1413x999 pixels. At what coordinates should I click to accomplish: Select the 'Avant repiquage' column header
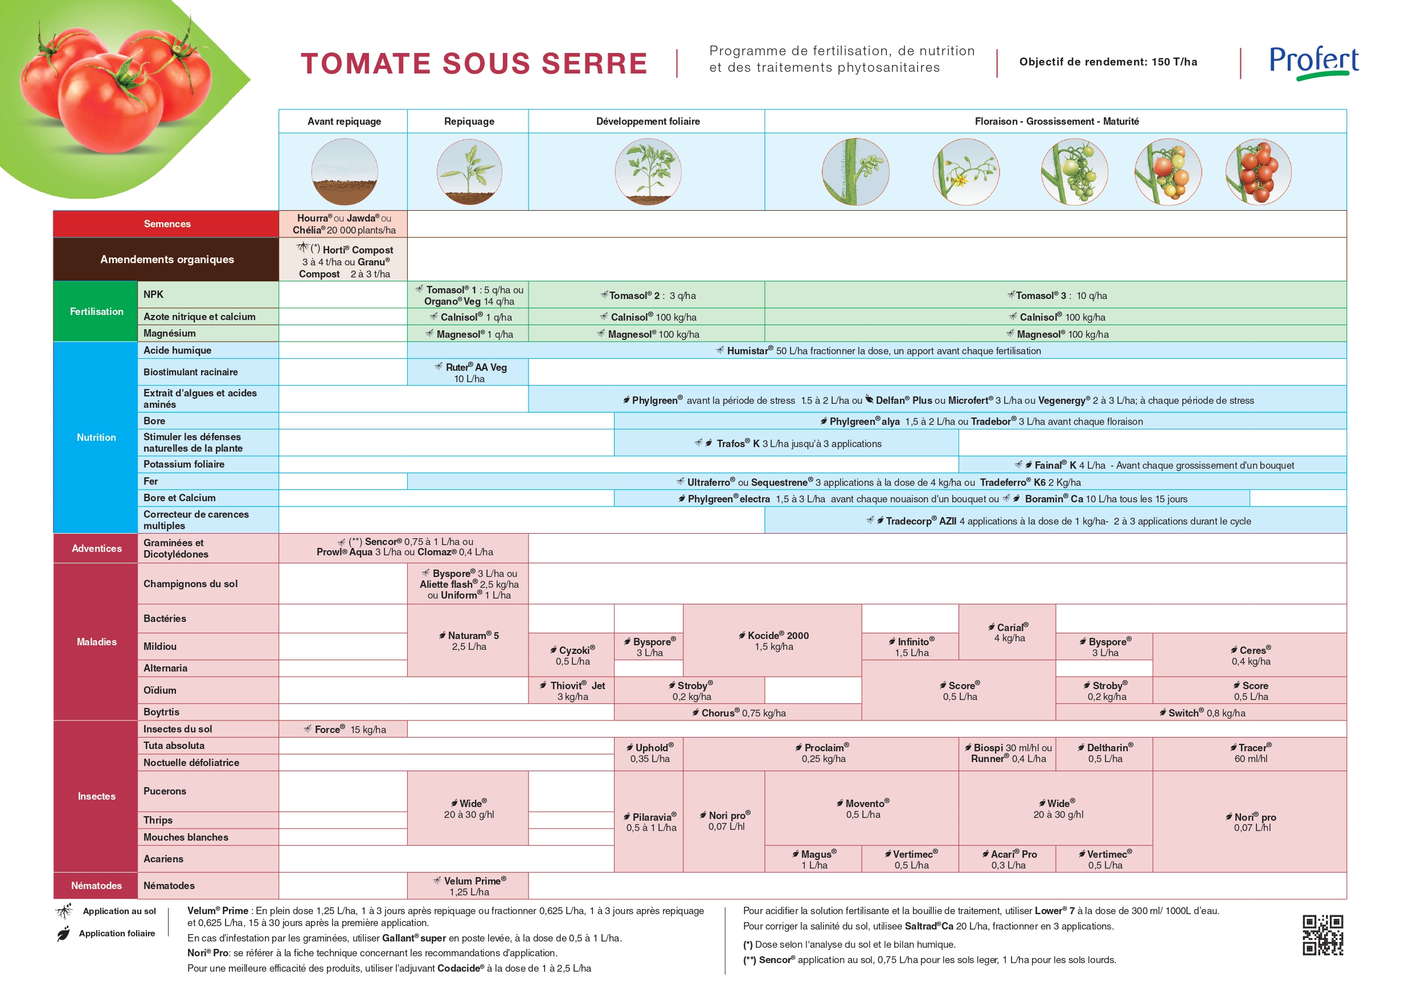tap(343, 121)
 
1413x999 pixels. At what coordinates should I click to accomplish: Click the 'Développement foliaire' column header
tap(648, 121)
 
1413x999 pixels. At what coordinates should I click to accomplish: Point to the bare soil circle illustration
tap(344, 172)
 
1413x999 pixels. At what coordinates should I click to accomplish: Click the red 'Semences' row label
tap(167, 224)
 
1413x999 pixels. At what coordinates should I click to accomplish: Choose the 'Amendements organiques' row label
tap(167, 259)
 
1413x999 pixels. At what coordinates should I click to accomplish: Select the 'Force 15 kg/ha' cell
tap(344, 730)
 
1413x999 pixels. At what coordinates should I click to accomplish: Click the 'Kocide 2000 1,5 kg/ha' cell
tap(773, 641)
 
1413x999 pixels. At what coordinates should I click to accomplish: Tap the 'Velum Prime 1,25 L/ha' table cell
tap(468, 886)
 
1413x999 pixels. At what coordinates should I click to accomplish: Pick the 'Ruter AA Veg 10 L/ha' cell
tap(468, 372)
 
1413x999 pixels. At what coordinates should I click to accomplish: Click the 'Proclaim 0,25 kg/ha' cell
tap(822, 753)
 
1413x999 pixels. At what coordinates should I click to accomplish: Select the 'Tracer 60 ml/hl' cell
tap(1250, 753)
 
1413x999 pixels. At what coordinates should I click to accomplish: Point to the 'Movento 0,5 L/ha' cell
tap(862, 809)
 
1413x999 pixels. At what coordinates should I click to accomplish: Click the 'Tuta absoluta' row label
tap(174, 746)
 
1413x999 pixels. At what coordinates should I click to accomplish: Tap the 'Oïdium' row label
tap(160, 690)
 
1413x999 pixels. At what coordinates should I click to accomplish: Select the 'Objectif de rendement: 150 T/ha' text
tap(1108, 62)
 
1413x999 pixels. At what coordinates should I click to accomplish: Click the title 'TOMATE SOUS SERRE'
tap(474, 63)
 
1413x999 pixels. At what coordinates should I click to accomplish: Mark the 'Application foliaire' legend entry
tap(116, 933)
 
